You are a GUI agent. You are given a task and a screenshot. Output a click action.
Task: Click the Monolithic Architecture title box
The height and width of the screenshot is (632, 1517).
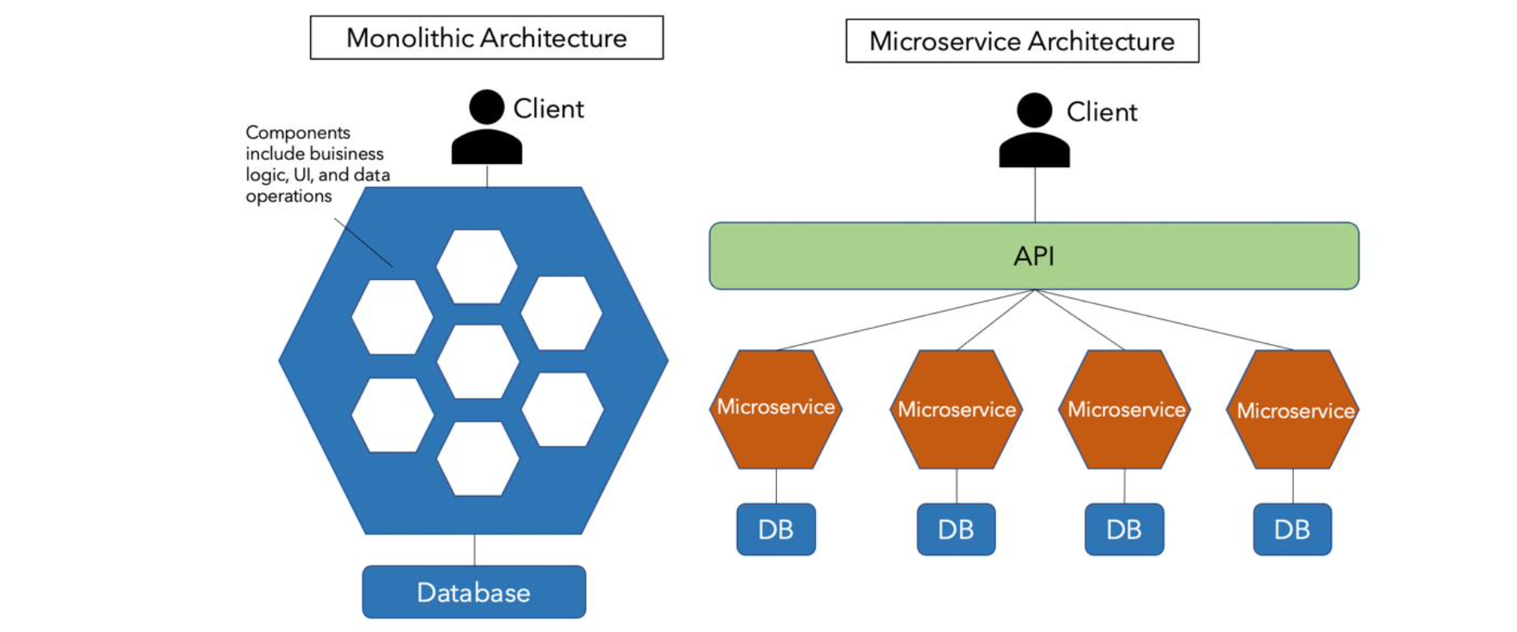click(486, 38)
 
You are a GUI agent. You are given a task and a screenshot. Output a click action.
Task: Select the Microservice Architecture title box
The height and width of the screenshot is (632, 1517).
click(1021, 41)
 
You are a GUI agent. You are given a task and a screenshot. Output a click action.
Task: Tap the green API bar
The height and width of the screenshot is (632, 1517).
click(1033, 256)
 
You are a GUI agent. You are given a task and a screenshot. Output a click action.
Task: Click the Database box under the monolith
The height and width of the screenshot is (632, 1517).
click(473, 592)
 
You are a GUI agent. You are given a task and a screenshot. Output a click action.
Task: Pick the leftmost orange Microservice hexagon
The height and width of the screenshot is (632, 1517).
click(775, 408)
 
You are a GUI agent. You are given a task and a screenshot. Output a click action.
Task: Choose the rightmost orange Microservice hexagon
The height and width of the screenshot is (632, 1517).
click(1295, 410)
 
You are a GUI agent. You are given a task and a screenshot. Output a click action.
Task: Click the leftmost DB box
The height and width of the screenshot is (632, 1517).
click(775, 530)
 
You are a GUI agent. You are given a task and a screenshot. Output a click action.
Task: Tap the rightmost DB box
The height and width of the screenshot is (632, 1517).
click(1292, 530)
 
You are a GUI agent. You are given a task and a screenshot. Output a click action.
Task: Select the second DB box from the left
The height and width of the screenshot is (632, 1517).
click(956, 530)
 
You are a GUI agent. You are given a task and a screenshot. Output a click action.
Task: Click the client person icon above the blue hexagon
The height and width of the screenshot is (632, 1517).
click(486, 128)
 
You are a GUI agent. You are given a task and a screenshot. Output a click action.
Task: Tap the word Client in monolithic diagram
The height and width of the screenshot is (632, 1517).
click(548, 109)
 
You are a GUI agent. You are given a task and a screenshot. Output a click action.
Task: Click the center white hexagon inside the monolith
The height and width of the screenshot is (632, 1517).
click(478, 362)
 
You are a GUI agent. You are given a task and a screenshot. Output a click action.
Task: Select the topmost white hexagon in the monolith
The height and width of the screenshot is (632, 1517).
click(477, 266)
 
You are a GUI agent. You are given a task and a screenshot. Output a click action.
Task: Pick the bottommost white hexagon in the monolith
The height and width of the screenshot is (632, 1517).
click(478, 458)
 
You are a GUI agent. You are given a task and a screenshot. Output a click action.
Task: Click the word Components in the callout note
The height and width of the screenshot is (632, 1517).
click(297, 133)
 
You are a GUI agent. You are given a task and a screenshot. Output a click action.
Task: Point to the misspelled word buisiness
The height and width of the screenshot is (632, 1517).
click(347, 154)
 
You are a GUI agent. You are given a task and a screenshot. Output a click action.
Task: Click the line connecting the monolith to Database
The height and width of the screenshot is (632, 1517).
click(474, 550)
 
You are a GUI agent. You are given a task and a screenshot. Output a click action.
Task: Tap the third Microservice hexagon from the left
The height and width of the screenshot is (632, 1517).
click(1125, 410)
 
